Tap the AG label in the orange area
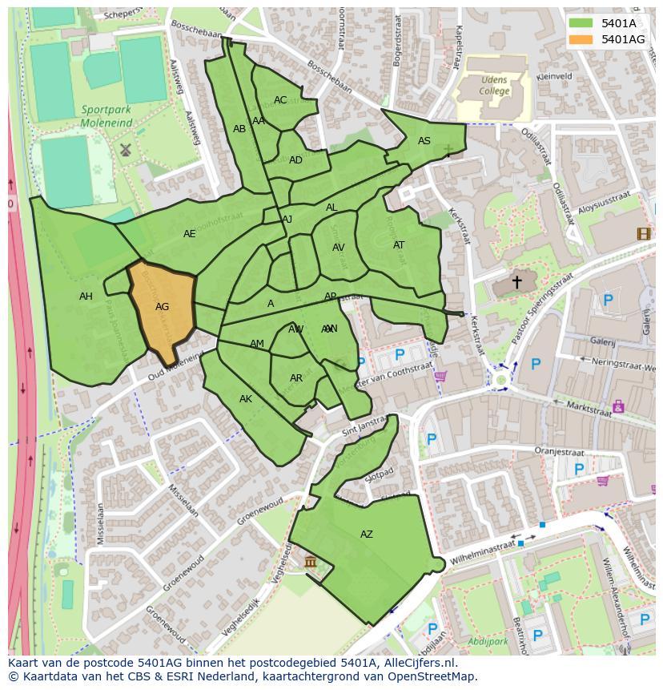[x=162, y=307]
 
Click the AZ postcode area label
[x=366, y=535]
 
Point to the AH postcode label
[x=86, y=297]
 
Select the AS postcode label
[x=424, y=141]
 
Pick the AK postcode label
[x=246, y=399]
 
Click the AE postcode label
[x=189, y=234]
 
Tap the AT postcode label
[x=399, y=245]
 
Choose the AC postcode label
[x=280, y=100]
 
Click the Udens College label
[x=494, y=86]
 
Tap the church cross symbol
[x=516, y=282]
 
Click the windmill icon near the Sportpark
[x=125, y=150]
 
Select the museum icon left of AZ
[x=311, y=562]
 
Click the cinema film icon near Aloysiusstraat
[x=643, y=234]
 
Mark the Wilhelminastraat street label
[x=482, y=549]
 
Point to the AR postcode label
[x=296, y=378]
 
